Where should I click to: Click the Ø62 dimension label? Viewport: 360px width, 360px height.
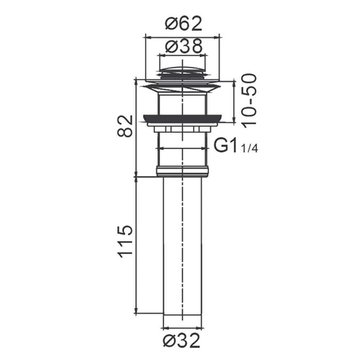[x=184, y=23]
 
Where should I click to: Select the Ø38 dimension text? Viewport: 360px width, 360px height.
[x=184, y=46]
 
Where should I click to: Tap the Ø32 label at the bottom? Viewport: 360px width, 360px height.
[x=181, y=341]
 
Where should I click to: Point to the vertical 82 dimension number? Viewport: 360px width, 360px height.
[x=125, y=126]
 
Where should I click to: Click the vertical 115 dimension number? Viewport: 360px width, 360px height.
[x=125, y=242]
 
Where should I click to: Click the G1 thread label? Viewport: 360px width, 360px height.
[x=225, y=145]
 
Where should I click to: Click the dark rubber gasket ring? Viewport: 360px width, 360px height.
[x=182, y=118]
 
